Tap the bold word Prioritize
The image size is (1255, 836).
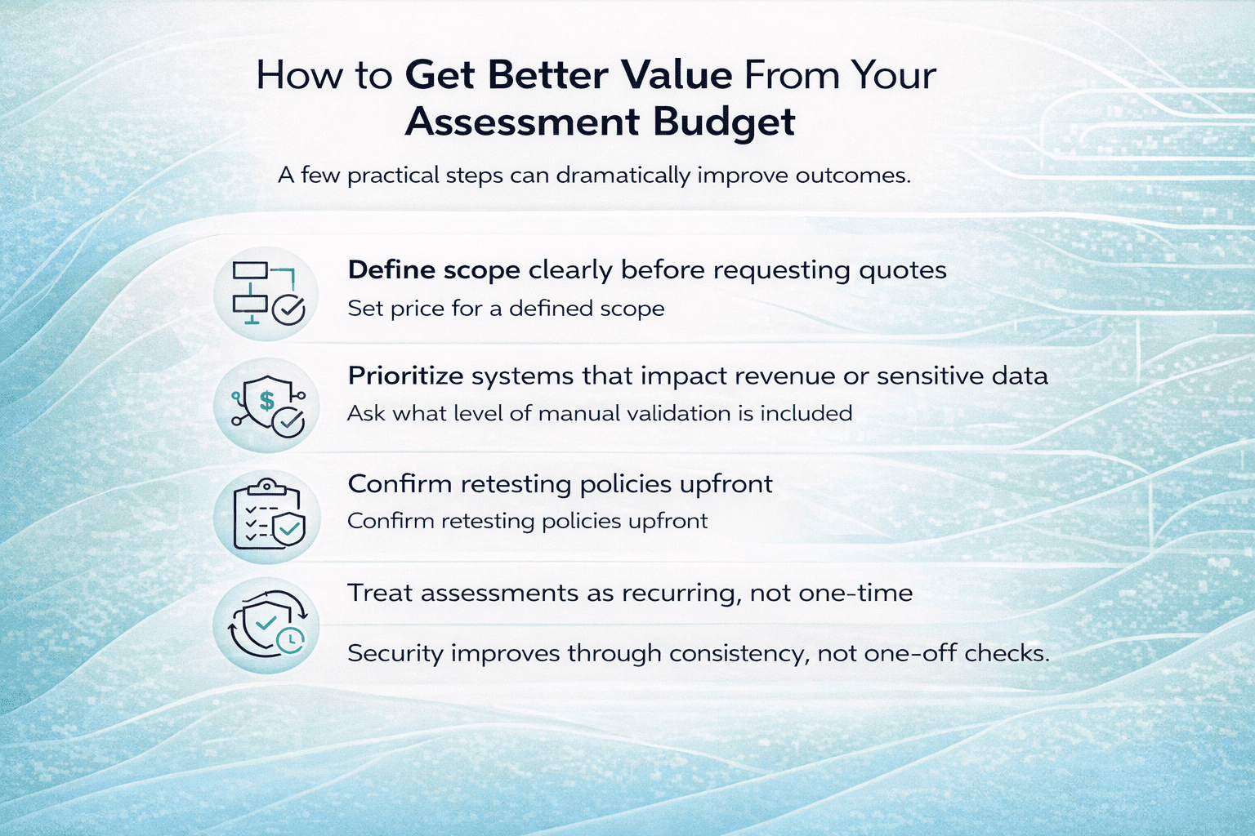(405, 376)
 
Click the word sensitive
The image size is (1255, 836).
(927, 376)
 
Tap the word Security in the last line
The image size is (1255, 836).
(395, 653)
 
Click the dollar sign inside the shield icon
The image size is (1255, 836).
(267, 400)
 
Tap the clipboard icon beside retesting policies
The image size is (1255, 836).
(267, 514)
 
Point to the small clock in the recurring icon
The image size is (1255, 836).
(291, 639)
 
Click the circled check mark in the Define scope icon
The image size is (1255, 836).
(288, 309)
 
